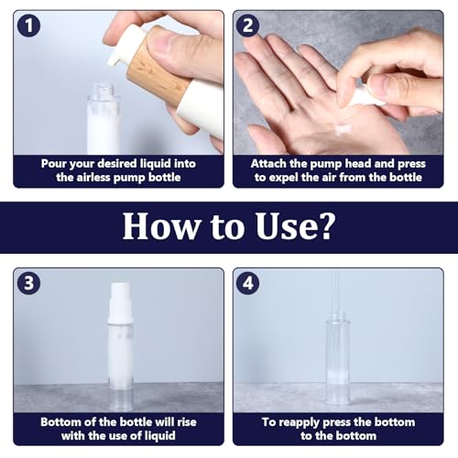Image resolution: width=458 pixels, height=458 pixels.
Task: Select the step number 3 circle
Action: pyautogui.click(x=31, y=285)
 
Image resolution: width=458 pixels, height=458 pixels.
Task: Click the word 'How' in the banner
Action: pyautogui.click(x=156, y=226)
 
